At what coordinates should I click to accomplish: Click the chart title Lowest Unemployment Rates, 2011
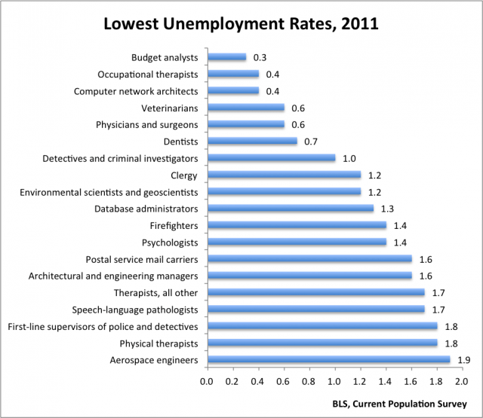point(241,23)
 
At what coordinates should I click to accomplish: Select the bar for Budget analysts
point(226,57)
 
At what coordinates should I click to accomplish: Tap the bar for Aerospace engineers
point(328,360)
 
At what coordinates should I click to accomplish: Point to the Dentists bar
point(252,141)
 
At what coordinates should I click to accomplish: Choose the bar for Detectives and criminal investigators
point(271,158)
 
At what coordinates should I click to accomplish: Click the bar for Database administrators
point(290,209)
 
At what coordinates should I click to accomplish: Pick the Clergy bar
point(284,175)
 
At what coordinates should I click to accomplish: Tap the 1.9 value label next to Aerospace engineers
point(464,360)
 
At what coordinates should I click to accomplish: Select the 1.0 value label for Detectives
point(349,158)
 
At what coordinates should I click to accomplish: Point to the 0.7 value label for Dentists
point(311,141)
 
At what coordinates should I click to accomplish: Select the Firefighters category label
point(174,225)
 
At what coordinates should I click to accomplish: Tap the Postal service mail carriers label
point(142,259)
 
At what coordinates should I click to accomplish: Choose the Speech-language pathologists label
point(134,310)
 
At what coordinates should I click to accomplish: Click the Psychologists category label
point(170,243)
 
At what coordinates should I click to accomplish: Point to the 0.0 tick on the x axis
point(207,382)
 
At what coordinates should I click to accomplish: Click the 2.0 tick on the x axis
point(461,382)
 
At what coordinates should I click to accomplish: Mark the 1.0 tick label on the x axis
point(334,382)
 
